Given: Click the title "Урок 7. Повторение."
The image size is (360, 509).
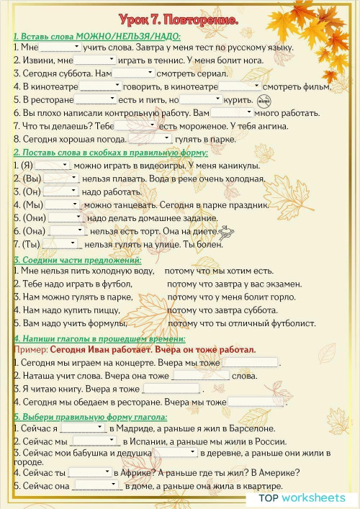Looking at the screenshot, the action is (180, 19).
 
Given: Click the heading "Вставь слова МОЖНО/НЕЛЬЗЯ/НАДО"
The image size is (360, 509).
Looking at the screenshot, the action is (97, 36).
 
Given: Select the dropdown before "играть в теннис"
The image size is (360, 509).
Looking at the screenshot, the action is (94, 60).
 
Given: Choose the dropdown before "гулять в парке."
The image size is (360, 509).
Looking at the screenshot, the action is (149, 140).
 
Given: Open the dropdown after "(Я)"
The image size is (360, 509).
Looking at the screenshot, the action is (53, 166).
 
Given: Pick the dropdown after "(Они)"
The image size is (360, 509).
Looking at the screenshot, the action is (66, 218).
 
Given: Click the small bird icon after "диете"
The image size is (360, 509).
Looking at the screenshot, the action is (228, 232).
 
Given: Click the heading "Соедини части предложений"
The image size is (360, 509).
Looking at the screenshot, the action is (77, 260).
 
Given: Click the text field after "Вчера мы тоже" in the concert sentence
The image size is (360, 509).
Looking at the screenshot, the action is (250, 363).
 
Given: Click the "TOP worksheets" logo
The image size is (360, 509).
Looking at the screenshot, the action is (302, 497).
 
